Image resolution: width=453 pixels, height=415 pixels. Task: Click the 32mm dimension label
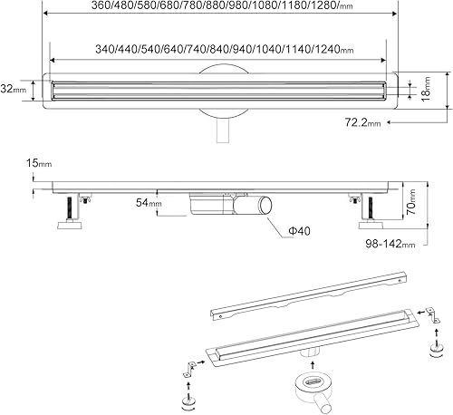pos(14,90)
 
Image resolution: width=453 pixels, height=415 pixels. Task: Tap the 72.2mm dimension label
pos(362,122)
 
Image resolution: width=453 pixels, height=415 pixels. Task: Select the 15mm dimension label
pos(39,163)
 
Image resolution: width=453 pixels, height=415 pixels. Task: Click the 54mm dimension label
pos(149,202)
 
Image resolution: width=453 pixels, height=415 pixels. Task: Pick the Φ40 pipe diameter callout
pos(299,231)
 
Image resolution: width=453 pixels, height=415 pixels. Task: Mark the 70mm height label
pos(411,202)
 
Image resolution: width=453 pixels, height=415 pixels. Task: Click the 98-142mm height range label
pos(390,243)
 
